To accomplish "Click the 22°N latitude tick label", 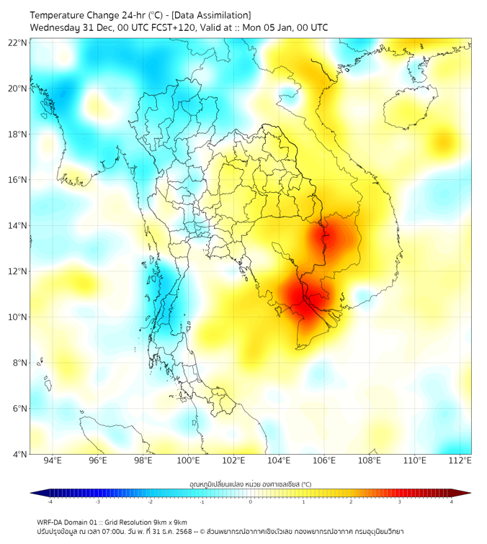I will click(x=19, y=42).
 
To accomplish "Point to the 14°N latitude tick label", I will click(x=19, y=226).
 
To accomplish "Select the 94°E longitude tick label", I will click(x=53, y=461).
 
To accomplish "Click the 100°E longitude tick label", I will click(x=188, y=461).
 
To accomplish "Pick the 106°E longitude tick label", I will click(x=324, y=461).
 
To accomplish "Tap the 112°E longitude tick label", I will click(x=460, y=461).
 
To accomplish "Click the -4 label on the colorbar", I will click(x=49, y=502).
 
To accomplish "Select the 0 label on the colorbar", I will click(x=251, y=502).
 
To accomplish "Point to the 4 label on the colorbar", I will click(x=452, y=502).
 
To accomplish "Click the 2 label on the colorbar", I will click(x=352, y=502).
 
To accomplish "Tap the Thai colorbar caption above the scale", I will click(x=250, y=484).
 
